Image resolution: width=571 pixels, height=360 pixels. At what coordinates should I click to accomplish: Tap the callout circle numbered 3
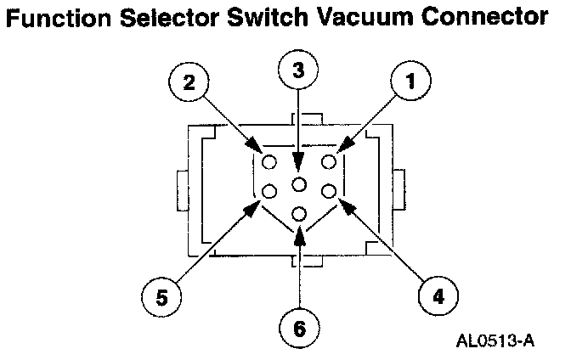point(298,70)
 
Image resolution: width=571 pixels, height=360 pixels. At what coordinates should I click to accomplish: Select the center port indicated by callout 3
point(298,185)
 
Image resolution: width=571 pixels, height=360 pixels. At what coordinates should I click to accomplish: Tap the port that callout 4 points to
point(328,191)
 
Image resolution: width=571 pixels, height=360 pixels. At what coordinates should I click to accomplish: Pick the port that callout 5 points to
point(269,191)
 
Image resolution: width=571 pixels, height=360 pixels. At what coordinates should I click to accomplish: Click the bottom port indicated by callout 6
point(298,213)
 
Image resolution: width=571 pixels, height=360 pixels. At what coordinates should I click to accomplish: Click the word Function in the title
point(61,18)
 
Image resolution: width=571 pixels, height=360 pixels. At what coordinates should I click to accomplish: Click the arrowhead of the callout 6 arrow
point(298,233)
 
